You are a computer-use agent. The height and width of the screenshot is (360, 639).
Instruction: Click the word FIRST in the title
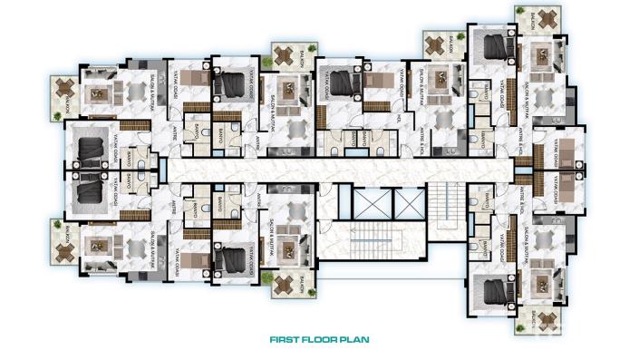[286, 342]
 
